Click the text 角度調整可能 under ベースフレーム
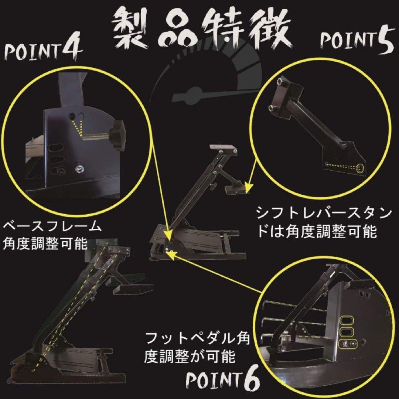(45, 244)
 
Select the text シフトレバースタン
(323, 214)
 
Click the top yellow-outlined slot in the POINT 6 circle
(346, 320)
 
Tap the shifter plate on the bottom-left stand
(133, 289)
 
